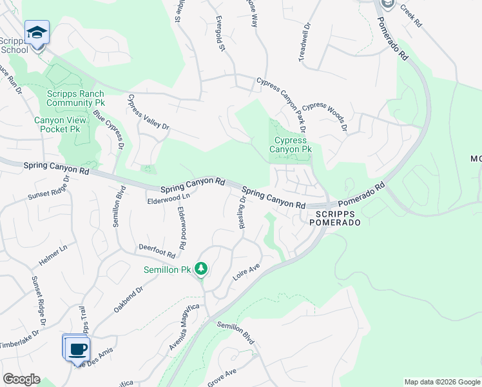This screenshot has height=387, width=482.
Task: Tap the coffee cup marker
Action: click(x=78, y=349)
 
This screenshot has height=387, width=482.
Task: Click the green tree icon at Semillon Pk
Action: click(x=201, y=268)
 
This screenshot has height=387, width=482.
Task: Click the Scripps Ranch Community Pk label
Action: click(x=75, y=98)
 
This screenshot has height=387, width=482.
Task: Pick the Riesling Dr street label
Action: click(x=243, y=212)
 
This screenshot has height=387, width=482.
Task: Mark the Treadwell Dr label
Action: click(x=304, y=43)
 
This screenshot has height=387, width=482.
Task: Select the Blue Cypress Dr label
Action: click(x=108, y=129)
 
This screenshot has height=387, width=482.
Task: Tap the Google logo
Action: click(x=21, y=379)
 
